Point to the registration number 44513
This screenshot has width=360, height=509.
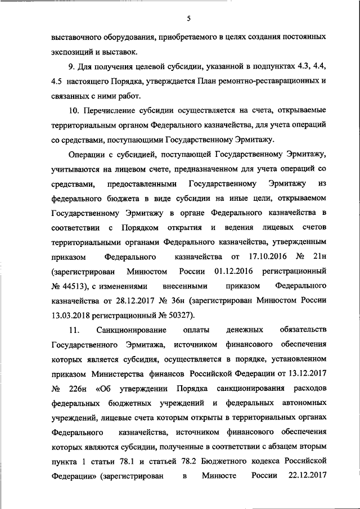(x=73, y=285)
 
